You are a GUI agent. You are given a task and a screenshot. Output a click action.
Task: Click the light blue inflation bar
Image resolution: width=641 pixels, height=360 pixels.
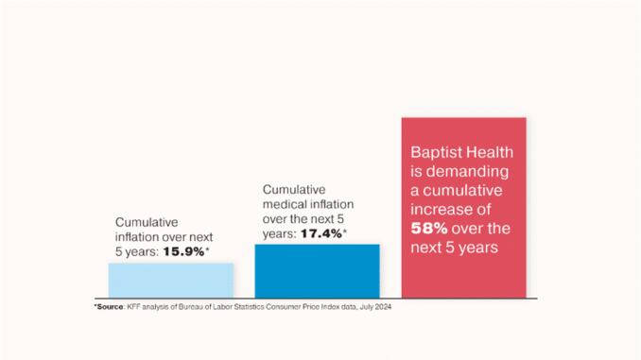(171, 281)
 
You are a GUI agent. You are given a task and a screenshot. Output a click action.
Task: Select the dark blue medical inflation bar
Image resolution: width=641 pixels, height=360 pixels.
(318, 271)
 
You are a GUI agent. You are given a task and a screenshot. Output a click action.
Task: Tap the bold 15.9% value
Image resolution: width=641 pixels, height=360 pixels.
(183, 251)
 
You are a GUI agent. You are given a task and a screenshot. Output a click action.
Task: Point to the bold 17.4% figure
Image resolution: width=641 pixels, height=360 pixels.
(321, 233)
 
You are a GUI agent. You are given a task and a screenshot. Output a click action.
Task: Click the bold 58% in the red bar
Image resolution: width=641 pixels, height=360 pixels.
(429, 228)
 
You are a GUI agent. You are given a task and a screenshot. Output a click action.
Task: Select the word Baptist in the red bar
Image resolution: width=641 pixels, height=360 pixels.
(436, 152)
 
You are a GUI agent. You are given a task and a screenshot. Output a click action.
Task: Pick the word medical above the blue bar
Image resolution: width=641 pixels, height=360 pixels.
(283, 204)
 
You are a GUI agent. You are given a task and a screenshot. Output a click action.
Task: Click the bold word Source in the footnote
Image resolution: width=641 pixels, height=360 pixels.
(110, 306)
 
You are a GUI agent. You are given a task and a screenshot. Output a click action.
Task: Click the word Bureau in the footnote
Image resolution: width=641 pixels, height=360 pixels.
(189, 306)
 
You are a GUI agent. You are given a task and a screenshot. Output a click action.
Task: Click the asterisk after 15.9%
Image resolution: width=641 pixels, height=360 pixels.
(207, 249)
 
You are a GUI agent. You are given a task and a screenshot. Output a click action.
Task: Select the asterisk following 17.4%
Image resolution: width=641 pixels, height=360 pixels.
(345, 231)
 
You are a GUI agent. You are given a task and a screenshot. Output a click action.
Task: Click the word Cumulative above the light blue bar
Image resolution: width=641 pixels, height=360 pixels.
(147, 222)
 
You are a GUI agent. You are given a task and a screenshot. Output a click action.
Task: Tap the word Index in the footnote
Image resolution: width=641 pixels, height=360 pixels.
(330, 306)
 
